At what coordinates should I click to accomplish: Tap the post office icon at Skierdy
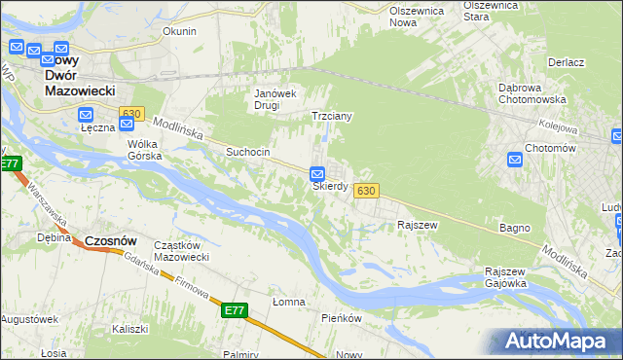tap(317, 175)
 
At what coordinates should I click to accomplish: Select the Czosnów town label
tap(110, 240)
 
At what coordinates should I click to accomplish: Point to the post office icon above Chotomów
tap(514, 160)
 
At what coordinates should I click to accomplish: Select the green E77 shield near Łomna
tap(235, 310)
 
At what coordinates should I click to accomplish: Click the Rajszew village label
tap(416, 225)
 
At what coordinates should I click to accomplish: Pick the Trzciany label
tap(331, 116)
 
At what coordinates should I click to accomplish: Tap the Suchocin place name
tap(247, 152)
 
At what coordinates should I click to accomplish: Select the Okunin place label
tap(179, 31)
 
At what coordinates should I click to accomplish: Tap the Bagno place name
tap(515, 228)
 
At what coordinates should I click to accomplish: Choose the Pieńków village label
tap(342, 318)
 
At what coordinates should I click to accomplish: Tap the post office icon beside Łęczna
tap(86, 115)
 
